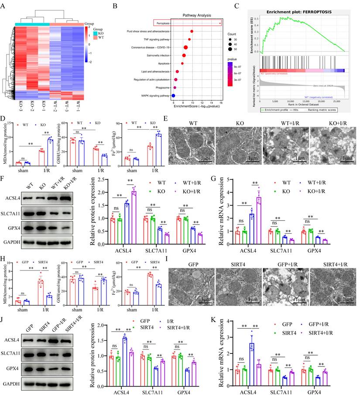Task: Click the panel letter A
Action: tap(5, 6)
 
